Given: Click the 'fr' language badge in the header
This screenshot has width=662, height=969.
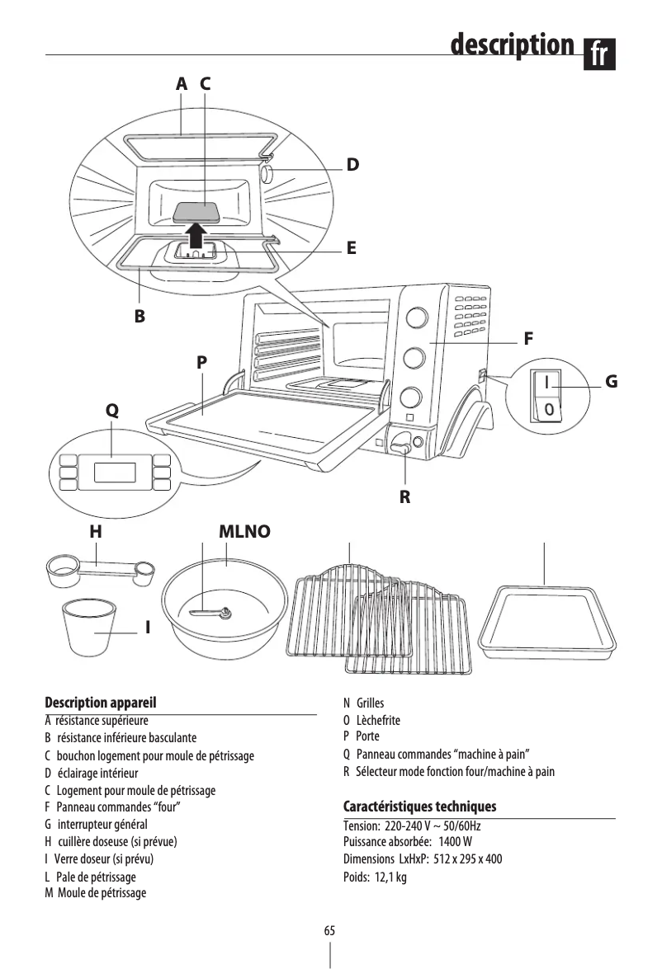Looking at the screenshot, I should (x=601, y=54).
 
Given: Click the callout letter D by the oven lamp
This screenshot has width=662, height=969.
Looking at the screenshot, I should (x=352, y=165).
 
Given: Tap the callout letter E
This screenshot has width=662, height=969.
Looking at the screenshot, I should (x=352, y=247).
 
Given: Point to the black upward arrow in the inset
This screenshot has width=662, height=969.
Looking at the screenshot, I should (x=196, y=233).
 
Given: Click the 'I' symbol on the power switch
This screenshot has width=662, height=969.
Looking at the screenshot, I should (x=547, y=381).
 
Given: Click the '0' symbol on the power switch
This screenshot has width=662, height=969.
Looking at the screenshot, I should (x=547, y=409).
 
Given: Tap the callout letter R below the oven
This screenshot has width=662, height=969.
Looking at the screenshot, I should (x=404, y=498).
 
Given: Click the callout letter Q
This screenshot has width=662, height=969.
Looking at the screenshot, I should (x=111, y=411).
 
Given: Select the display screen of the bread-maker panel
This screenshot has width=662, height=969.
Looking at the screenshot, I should (x=115, y=473).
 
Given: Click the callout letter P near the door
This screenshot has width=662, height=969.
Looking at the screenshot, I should (x=202, y=362).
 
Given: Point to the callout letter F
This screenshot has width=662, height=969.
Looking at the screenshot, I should (x=528, y=339).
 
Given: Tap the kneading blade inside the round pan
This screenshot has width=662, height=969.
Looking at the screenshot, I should (x=210, y=613).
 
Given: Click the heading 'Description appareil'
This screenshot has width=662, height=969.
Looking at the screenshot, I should (x=100, y=703).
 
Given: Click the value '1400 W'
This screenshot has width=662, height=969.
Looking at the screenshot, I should (x=456, y=842).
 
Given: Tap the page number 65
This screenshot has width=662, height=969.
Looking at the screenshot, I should (x=329, y=930).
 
